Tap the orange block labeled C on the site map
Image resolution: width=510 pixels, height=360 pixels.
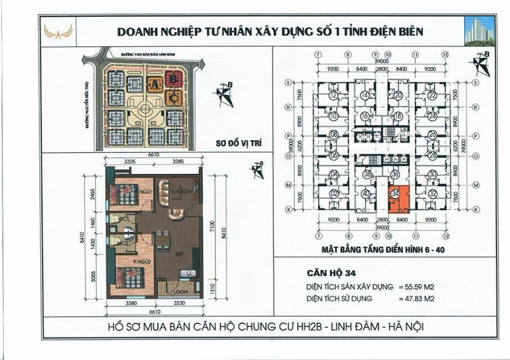(x=174, y=98)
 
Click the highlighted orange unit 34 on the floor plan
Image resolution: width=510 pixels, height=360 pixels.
(x=399, y=199)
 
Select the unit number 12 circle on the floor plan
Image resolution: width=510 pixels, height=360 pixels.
(x=333, y=96)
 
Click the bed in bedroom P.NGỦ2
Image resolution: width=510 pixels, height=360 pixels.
(x=128, y=278)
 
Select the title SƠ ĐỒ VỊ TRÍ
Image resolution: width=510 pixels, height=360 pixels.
(x=224, y=147)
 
